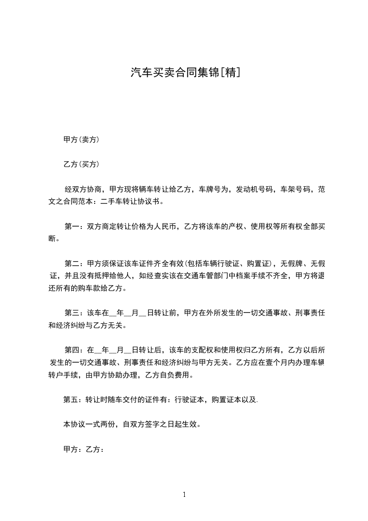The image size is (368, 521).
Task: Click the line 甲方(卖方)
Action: tap(81, 139)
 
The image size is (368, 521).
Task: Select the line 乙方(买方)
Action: tap(81, 164)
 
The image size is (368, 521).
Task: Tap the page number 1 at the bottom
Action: tap(184, 495)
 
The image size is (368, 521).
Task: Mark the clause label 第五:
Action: tap(73, 399)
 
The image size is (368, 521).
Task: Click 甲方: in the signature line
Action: tap(73, 449)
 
